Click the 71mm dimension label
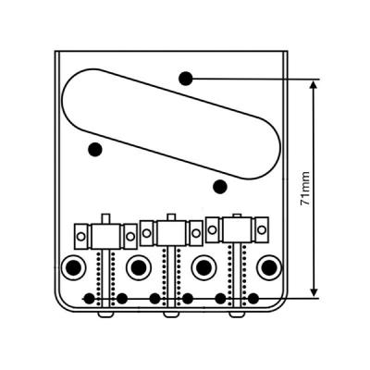pyautogui.click(x=304, y=189)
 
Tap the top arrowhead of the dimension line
pyautogui.click(x=314, y=84)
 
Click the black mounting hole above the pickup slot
pyautogui.click(x=186, y=79)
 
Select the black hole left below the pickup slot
pyautogui.click(x=95, y=150)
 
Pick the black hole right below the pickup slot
pyautogui.click(x=220, y=187)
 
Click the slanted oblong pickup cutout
pyautogui.click(x=172, y=124)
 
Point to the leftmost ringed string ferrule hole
pyautogui.click(x=74, y=267)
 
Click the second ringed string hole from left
pyautogui.click(x=139, y=267)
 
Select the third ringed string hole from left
pyautogui.click(x=203, y=267)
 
